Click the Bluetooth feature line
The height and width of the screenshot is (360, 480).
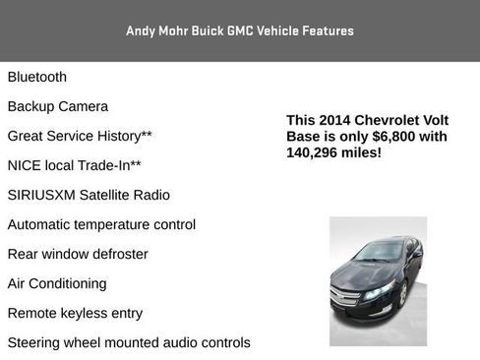(37, 77)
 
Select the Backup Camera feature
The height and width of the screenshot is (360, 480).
(58, 106)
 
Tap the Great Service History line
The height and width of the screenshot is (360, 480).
(80, 136)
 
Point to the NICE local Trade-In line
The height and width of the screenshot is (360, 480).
(74, 165)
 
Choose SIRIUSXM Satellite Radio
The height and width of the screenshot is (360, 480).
(89, 195)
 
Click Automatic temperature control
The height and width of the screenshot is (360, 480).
(101, 224)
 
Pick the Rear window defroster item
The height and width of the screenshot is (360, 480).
(78, 254)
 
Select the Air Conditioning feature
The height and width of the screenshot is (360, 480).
(57, 283)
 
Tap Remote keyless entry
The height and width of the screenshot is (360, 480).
(75, 313)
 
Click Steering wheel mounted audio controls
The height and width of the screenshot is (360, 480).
(129, 342)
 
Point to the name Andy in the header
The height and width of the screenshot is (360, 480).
(142, 30)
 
